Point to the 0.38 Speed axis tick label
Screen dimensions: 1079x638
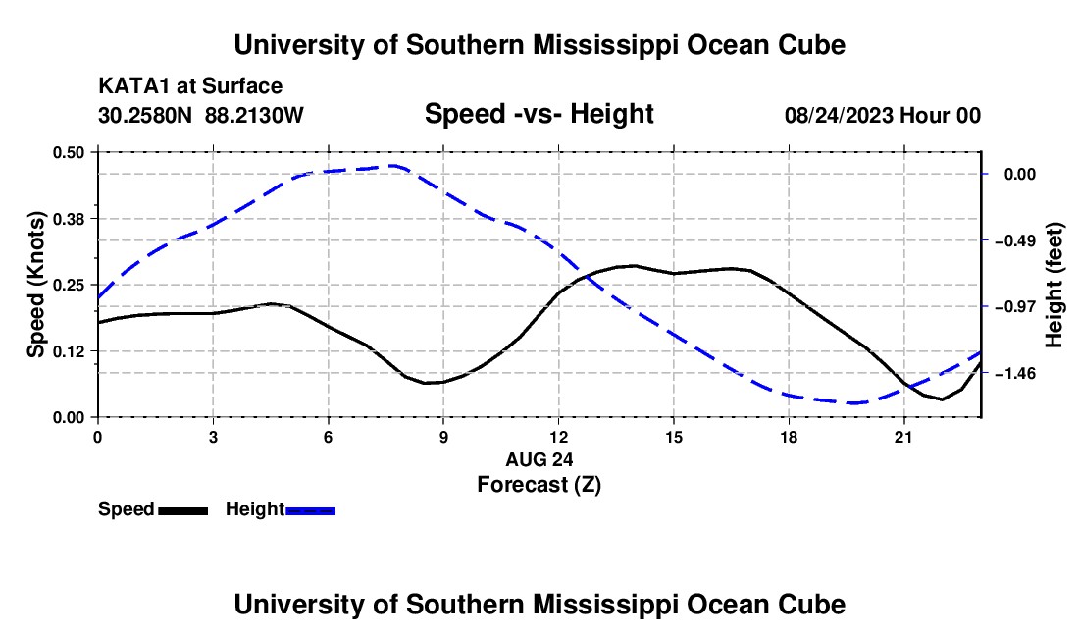point(68,219)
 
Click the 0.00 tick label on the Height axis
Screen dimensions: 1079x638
point(1020,174)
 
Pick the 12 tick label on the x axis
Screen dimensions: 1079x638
point(559,437)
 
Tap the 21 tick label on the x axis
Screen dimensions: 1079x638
point(903,437)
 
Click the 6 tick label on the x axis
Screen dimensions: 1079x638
point(329,437)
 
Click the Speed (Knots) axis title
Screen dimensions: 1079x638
point(35,285)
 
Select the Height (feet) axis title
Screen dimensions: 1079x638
point(1053,285)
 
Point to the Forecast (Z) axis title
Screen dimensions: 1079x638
point(539,485)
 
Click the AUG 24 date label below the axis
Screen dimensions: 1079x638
point(539,459)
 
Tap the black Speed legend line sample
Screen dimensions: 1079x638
point(183,511)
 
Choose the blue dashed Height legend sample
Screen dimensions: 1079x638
point(310,511)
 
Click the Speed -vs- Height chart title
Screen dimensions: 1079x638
point(539,114)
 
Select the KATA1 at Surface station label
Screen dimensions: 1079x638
point(190,86)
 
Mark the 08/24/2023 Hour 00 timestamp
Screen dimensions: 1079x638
point(883,115)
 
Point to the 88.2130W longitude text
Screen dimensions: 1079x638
point(254,115)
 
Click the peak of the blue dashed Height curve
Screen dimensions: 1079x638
point(393,166)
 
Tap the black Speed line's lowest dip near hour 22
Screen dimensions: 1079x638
point(942,399)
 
